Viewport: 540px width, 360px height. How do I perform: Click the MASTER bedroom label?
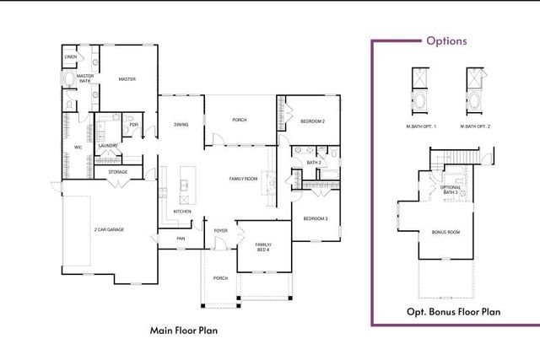127,79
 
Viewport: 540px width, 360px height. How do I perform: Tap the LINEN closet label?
71,57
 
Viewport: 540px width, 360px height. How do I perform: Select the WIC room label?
78,147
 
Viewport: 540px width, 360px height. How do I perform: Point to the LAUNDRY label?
107,146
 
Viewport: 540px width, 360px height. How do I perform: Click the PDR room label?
133,125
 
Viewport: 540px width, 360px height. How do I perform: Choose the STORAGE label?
117,172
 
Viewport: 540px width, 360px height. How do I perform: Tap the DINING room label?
181,125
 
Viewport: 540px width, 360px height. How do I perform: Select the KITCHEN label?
182,211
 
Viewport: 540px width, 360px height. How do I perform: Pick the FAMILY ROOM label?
244,179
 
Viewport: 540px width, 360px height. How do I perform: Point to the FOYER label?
220,229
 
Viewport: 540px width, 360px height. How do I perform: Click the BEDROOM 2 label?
312,122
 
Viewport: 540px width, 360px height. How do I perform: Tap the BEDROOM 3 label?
316,219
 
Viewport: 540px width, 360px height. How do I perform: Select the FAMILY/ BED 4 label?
262,247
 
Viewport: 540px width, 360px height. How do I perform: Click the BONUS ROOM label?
445,231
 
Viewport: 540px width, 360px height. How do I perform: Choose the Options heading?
446,40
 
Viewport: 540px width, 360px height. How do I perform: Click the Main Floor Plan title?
184,330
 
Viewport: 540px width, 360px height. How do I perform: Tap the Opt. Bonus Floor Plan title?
453,312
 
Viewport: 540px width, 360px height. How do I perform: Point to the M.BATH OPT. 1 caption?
419,126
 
